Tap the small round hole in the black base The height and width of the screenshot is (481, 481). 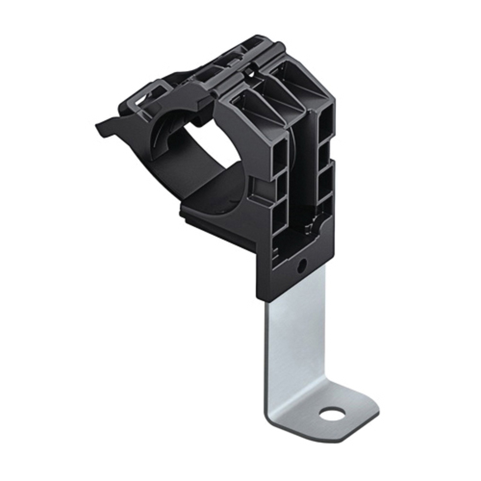pos(302,265)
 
